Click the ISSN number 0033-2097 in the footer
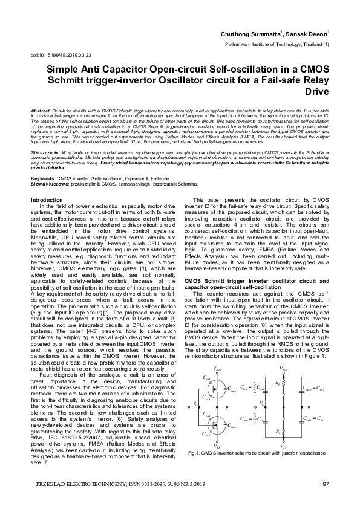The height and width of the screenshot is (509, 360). pyautogui.click(x=159, y=484)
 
